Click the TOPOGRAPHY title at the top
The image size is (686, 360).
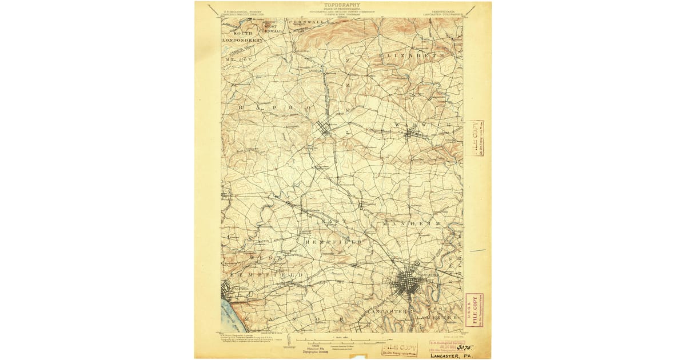pos(343,5)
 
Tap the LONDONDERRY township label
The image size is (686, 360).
pos(243,41)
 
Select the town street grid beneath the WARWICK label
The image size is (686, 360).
pos(410,135)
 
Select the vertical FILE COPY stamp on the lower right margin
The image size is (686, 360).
pos(473,310)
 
